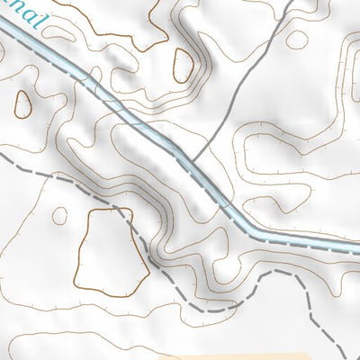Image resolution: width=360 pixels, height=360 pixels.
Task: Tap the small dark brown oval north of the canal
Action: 183,64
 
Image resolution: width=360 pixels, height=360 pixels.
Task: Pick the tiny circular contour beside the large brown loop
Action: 59,216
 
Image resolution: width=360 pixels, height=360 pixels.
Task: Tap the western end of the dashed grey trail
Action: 2,154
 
